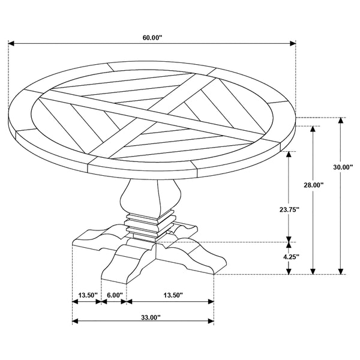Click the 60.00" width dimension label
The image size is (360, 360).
[x=152, y=37]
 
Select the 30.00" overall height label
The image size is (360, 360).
[x=343, y=167]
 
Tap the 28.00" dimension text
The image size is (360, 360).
[x=314, y=185]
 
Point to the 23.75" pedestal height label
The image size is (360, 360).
[x=289, y=209]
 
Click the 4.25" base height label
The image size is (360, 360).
[x=291, y=257]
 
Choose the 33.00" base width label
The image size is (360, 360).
[x=151, y=317]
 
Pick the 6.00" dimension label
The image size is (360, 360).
[x=115, y=295]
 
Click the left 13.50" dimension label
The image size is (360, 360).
[x=88, y=295]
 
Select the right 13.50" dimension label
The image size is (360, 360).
[x=173, y=295]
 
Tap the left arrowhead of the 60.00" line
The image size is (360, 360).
[x=11, y=43]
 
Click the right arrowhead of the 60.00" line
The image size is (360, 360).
[x=293, y=43]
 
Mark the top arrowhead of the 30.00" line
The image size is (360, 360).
[x=341, y=121]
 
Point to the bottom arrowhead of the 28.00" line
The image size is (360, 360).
[x=313, y=271]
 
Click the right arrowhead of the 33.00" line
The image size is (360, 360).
[x=211, y=321]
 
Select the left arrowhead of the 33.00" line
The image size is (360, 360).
[x=76, y=321]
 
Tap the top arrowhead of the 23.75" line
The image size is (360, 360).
[x=289, y=154]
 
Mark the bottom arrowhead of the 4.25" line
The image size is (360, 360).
[x=289, y=271]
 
